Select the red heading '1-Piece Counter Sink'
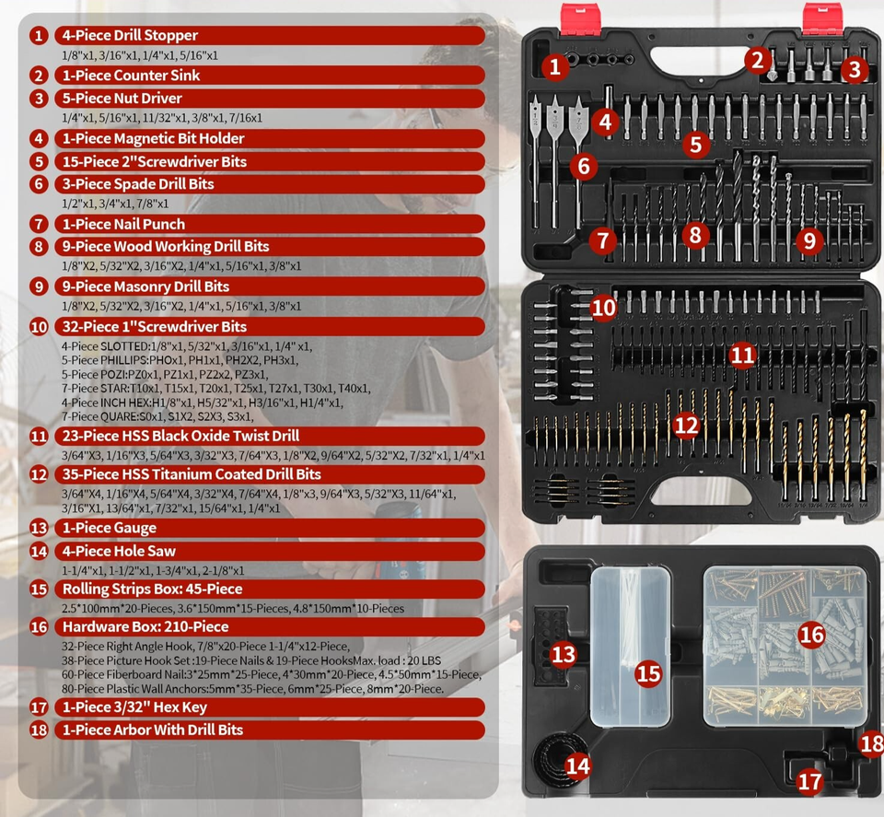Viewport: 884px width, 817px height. coord(129,76)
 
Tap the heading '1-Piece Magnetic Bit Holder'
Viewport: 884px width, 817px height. coord(152,139)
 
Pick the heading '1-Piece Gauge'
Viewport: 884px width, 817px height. coord(108,528)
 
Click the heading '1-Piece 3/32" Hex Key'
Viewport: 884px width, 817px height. coord(134,707)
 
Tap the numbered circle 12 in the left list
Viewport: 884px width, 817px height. coord(39,474)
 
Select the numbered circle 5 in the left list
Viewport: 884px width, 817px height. coord(39,162)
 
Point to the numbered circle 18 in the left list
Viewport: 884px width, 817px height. coord(39,729)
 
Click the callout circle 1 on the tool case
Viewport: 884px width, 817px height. coord(554,66)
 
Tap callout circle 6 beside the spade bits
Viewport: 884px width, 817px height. coord(583,167)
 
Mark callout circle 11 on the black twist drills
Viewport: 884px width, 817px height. coord(743,355)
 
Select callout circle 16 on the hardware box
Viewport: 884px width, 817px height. coord(811,635)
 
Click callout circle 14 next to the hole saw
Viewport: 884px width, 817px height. coord(577,764)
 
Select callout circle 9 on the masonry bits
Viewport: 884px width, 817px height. coord(809,241)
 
